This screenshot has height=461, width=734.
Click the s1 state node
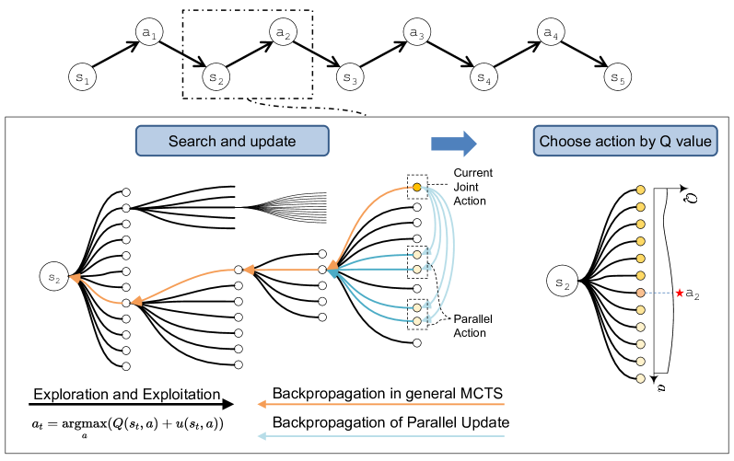tap(83, 77)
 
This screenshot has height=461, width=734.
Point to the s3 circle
tap(350, 77)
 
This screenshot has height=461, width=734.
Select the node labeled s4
tap(484, 77)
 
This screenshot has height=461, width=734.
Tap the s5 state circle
tap(618, 77)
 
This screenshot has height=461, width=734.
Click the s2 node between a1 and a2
tap(216, 77)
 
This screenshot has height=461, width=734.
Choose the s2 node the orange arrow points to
tap(54, 275)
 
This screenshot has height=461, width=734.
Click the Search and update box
tap(232, 142)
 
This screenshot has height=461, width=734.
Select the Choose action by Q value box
tap(625, 142)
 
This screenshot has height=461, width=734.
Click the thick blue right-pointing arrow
tap(454, 144)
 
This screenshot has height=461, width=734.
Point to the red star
tap(680, 293)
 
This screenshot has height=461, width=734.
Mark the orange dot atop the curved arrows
tap(417, 188)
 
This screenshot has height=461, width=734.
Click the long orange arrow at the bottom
tap(381, 404)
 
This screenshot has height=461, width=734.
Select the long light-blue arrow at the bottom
tap(381, 436)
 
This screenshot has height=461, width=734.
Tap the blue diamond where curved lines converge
tap(332, 271)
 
